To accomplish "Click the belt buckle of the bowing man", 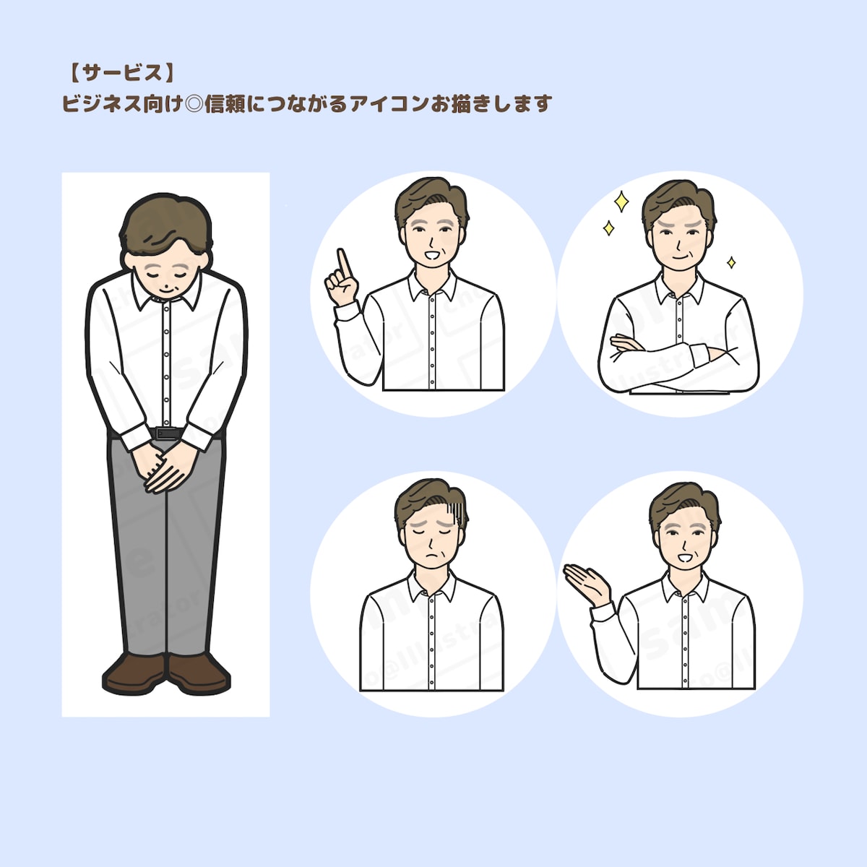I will click(x=167, y=433).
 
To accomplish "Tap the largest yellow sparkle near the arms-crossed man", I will click(x=621, y=202).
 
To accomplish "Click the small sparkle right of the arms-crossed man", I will click(x=730, y=262).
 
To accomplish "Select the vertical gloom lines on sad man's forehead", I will click(x=455, y=514).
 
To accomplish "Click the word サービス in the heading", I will click(x=121, y=73).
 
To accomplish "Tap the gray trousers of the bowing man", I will click(x=166, y=549).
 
